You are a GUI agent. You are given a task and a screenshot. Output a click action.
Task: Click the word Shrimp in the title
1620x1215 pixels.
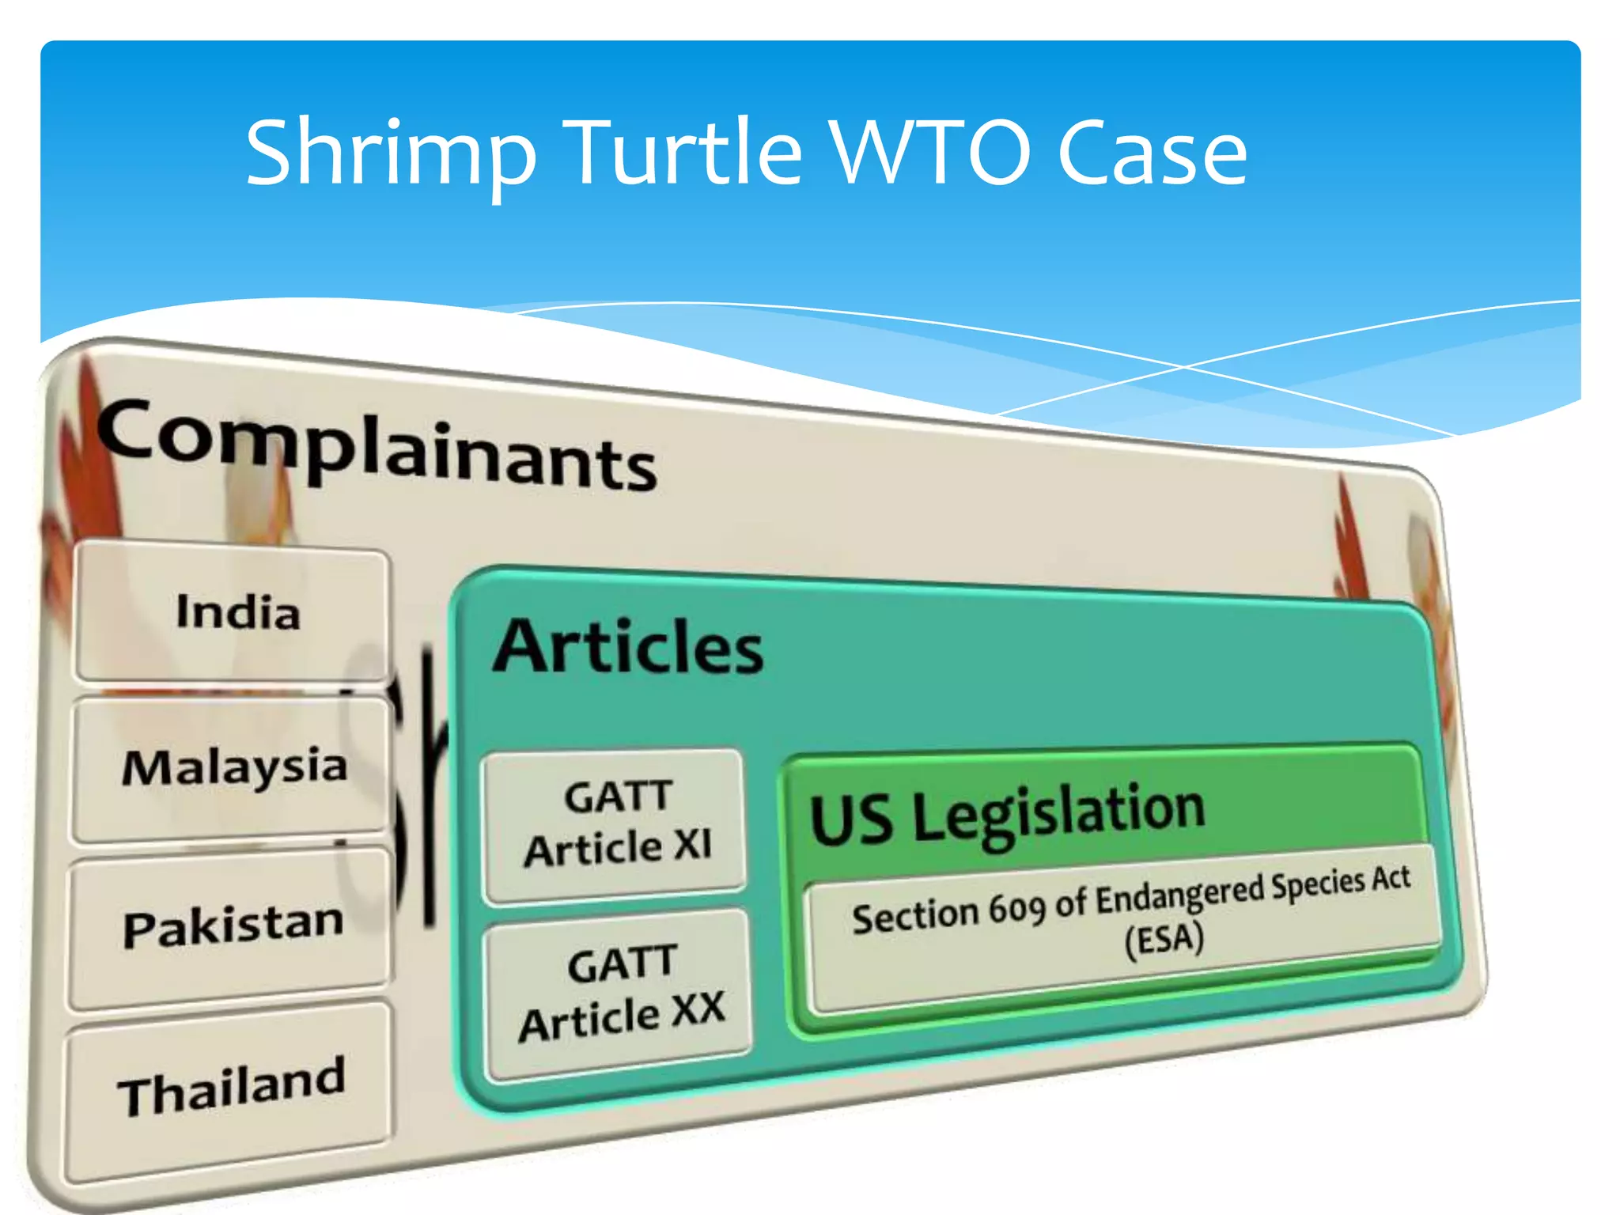pyautogui.click(x=391, y=153)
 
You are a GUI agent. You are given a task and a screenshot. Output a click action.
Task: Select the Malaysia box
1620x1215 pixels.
pyautogui.click(x=234, y=767)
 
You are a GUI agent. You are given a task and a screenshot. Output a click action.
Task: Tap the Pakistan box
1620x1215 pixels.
pyautogui.click(x=233, y=924)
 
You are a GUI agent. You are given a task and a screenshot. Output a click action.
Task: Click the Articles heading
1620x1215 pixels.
pyautogui.click(x=628, y=647)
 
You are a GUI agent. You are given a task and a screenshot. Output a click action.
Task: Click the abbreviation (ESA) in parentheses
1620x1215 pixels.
pyautogui.click(x=1164, y=940)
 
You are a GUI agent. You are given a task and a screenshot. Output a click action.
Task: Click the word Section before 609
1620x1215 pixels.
pyautogui.click(x=914, y=916)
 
